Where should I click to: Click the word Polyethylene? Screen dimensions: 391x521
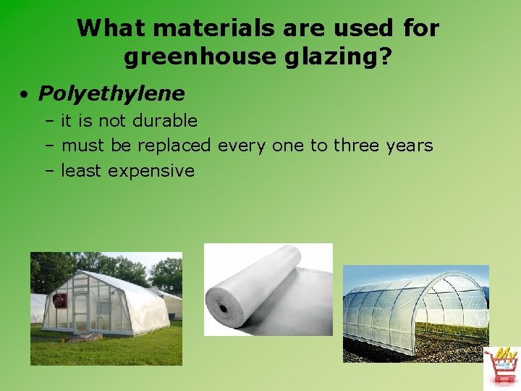[111, 94]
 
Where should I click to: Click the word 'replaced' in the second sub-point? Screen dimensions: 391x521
[174, 146]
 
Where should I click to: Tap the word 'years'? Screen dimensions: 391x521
[410, 146]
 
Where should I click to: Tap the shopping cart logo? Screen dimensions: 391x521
[500, 366]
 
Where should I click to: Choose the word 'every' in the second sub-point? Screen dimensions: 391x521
[242, 146]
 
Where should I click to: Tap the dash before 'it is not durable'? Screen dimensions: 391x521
[50, 120]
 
